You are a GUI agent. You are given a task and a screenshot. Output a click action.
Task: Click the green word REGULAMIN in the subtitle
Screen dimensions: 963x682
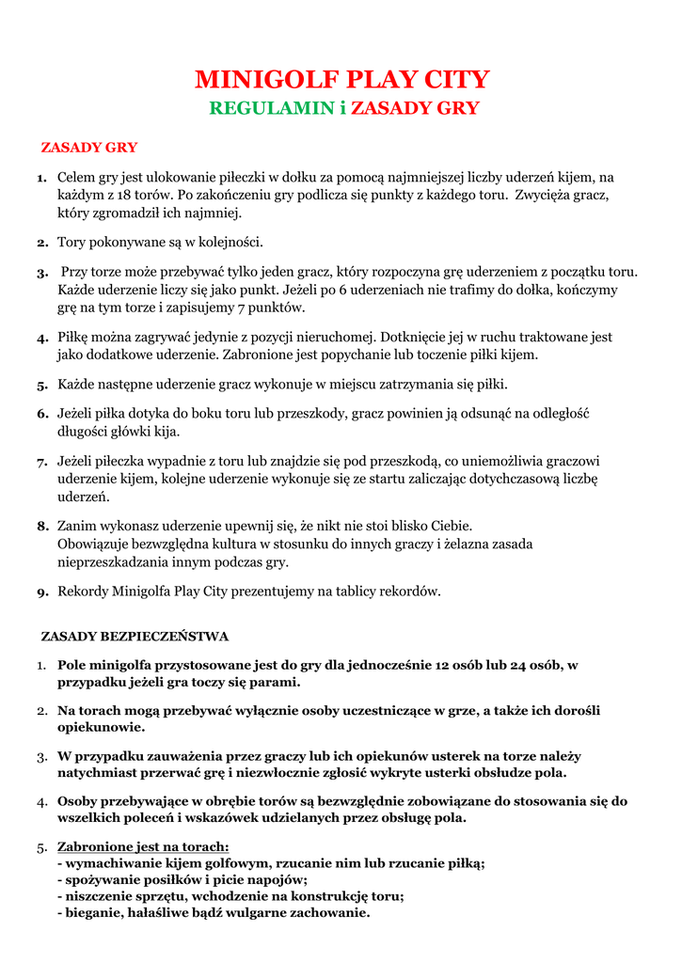click(271, 108)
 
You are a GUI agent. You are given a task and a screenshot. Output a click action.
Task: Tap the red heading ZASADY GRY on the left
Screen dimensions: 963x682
click(89, 148)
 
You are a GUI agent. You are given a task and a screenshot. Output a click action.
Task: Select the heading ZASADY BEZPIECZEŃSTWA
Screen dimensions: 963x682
click(135, 637)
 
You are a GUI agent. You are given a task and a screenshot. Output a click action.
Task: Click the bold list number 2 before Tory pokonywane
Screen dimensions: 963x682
click(42, 243)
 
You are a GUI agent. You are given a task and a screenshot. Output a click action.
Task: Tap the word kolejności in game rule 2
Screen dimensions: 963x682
click(231, 242)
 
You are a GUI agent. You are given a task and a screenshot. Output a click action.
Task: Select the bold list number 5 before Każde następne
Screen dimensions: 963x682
click(42, 386)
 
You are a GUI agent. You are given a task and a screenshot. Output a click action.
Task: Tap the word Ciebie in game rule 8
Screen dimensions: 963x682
click(446, 526)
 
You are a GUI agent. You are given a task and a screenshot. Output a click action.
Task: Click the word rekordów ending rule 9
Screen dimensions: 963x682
click(410, 592)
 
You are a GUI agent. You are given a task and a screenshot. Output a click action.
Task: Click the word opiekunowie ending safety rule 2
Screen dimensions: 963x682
click(102, 727)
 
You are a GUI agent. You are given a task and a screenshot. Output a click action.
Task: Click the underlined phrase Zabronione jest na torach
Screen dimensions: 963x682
click(136, 846)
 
